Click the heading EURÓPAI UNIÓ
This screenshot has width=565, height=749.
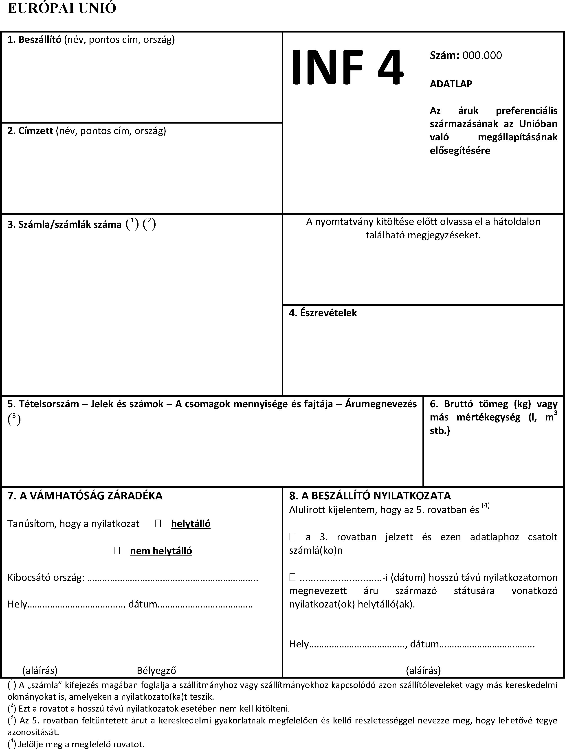(62, 8)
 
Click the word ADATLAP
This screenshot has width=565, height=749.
(451, 84)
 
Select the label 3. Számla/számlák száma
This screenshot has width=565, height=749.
(64, 224)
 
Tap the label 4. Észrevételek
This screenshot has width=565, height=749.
(323, 313)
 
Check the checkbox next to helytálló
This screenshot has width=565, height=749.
(158, 523)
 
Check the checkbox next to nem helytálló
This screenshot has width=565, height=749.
(117, 551)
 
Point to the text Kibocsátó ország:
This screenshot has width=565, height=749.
(46, 577)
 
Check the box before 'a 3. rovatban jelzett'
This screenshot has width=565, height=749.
(292, 536)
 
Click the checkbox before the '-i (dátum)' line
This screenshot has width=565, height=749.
(292, 577)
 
